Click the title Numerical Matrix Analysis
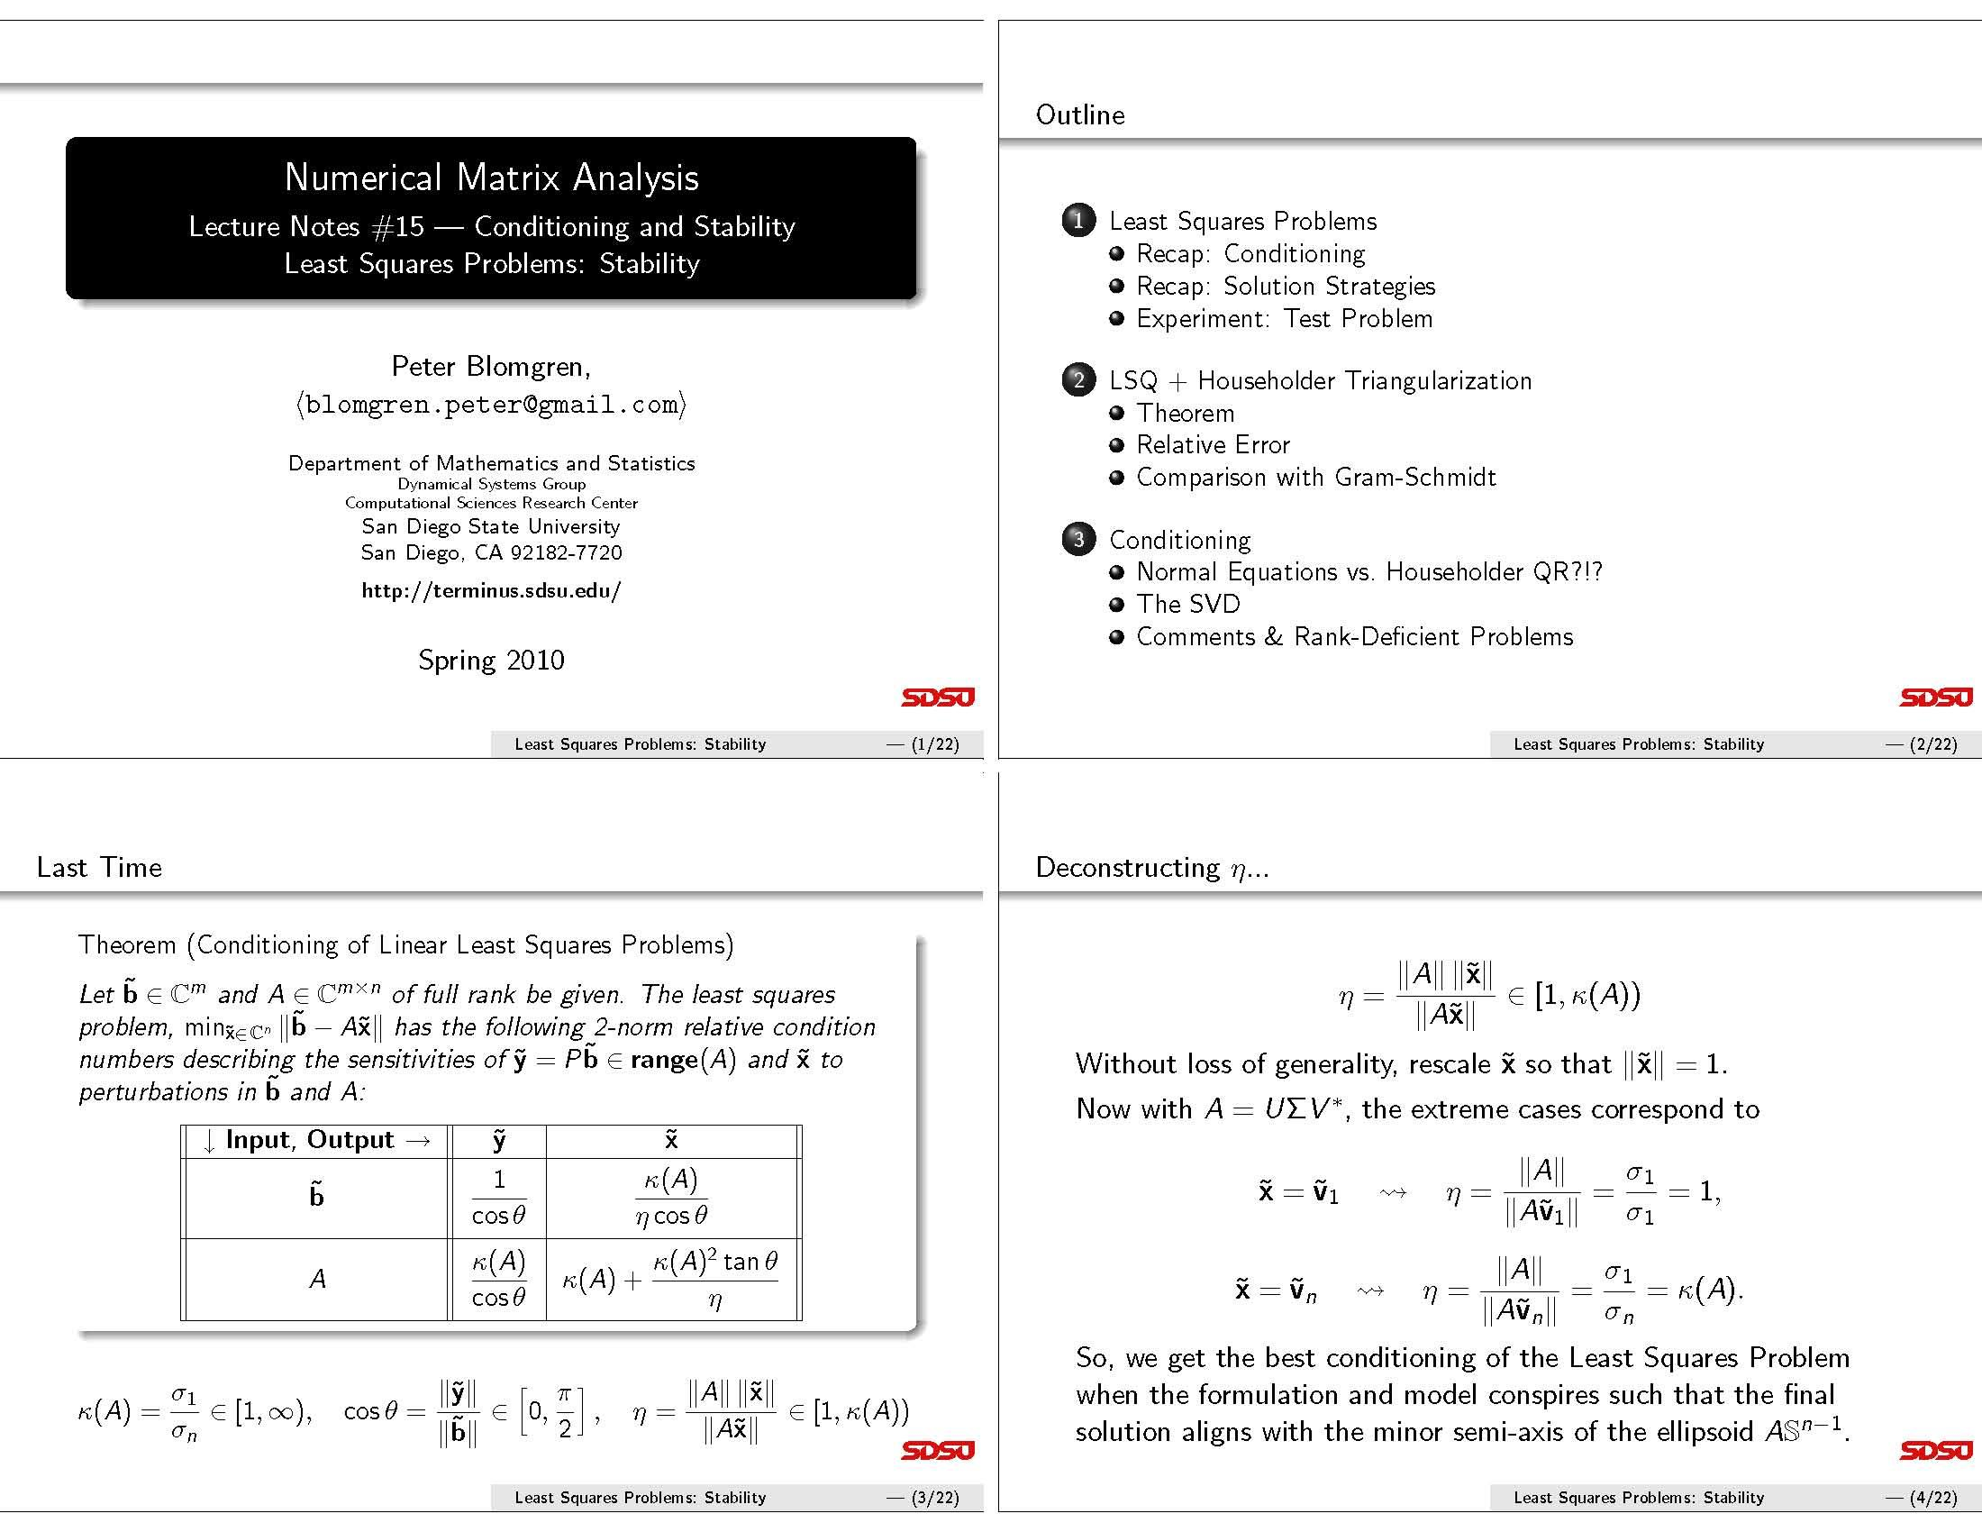pyautogui.click(x=491, y=177)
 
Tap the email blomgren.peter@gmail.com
pyautogui.click(x=491, y=404)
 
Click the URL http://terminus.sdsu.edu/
pyautogui.click(x=491, y=591)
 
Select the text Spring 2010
pyautogui.click(x=491, y=660)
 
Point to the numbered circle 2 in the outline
pyautogui.click(x=1078, y=379)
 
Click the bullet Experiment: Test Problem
pyautogui.click(x=1283, y=318)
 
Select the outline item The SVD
pyautogui.click(x=1187, y=605)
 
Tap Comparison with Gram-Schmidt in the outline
pyautogui.click(x=1315, y=478)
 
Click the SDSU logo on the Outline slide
pyautogui.click(x=1935, y=697)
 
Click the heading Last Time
pyautogui.click(x=100, y=868)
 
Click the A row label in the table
pyautogui.click(x=317, y=1279)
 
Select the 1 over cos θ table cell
pyautogui.click(x=498, y=1197)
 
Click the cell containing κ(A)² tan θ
pyautogui.click(x=670, y=1279)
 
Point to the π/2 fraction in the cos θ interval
pyautogui.click(x=565, y=1410)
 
